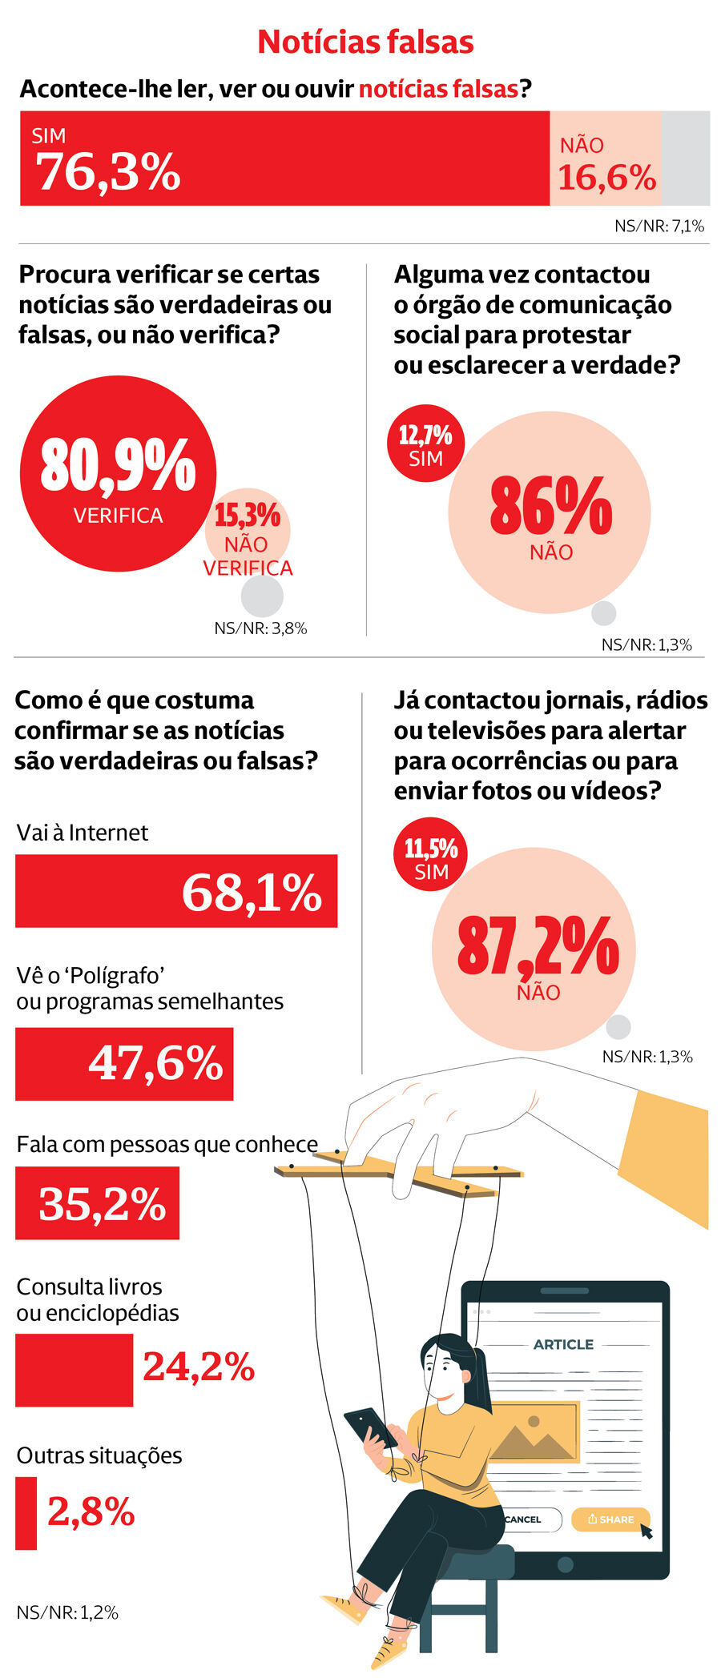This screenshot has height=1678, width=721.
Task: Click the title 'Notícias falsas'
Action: pos(365,42)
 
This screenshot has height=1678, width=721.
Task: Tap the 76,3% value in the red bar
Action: pos(108,171)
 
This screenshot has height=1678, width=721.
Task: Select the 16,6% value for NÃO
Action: pos(606,177)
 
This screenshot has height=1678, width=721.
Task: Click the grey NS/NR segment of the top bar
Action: pos(685,159)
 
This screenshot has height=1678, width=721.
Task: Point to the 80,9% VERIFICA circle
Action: pos(118,474)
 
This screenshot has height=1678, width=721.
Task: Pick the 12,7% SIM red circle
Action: pos(425,444)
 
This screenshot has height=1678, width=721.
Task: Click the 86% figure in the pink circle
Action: pos(550,507)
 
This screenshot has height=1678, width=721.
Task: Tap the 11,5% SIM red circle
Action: pos(431,854)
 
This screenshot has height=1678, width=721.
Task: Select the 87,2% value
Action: pos(538,946)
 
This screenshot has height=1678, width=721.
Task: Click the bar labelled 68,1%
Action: pos(176,891)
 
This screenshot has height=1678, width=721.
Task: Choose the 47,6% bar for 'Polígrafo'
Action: pos(124,1064)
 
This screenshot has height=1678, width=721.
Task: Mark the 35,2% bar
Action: pos(97,1203)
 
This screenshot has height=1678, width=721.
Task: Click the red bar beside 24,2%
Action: pos(74,1371)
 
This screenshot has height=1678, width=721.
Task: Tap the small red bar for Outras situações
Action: pos(26,1513)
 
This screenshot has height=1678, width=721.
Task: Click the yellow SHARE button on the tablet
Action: pos(610,1519)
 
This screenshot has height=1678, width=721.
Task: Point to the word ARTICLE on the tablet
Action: pos(563,1344)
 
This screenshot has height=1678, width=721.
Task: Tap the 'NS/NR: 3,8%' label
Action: pos(260,628)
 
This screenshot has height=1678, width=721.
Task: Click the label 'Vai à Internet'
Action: pos(82,833)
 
